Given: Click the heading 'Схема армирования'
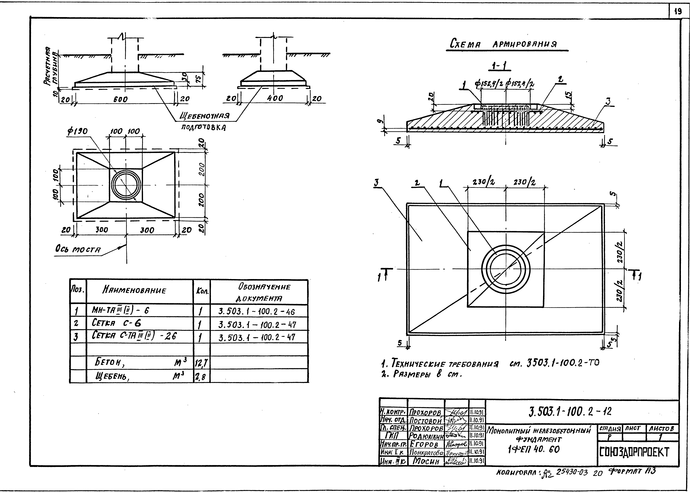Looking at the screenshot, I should click(507, 44).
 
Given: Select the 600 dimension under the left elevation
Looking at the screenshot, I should click(121, 99).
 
